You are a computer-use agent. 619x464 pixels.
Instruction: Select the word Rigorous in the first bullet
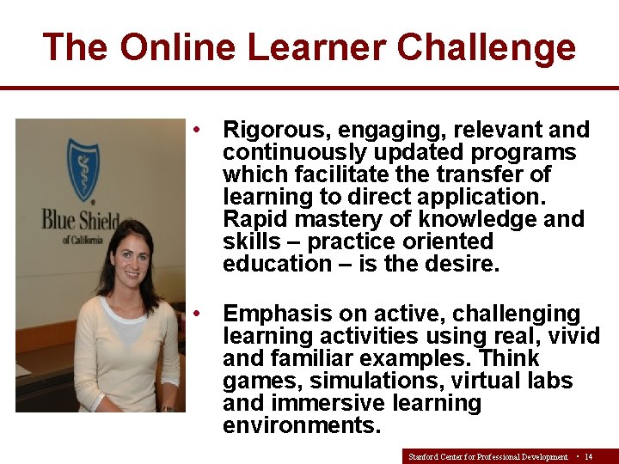(277, 130)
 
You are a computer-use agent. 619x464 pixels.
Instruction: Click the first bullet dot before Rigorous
(198, 130)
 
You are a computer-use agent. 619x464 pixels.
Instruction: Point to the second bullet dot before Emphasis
(198, 314)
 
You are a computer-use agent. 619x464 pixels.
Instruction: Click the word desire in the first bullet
(462, 264)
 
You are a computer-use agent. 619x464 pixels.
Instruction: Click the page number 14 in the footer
(589, 456)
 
